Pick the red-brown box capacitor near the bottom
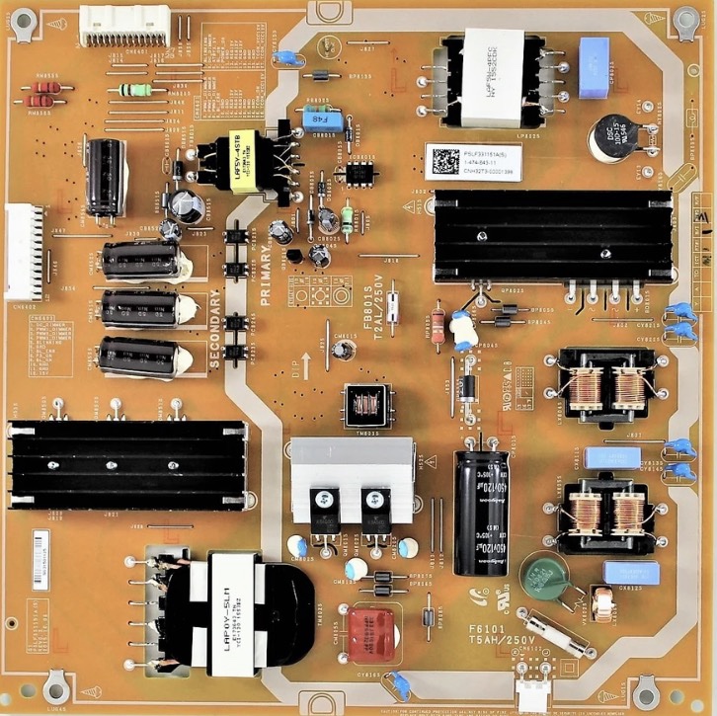369,631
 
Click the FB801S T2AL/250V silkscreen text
374,295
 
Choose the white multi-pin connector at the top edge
118,24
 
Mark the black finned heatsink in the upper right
552,236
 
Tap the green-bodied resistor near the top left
135,90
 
